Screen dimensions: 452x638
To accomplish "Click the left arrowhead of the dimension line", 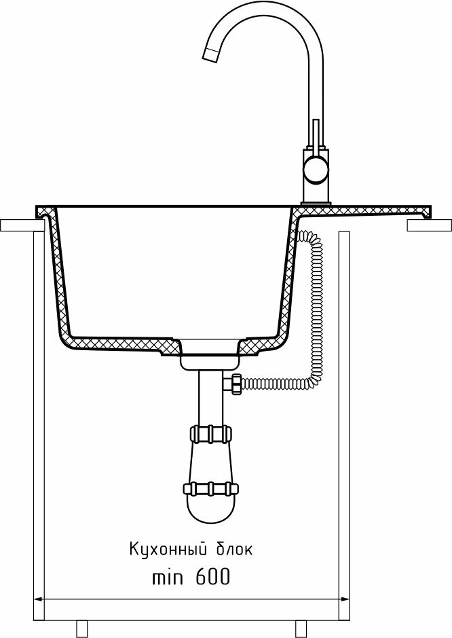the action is pyautogui.click(x=39, y=599).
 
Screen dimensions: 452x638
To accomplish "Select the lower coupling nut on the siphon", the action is pyautogui.click(x=211, y=488).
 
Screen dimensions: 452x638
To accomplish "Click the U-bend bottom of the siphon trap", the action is pyautogui.click(x=211, y=516).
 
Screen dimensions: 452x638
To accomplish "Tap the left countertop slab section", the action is pyautogui.click(x=18, y=225).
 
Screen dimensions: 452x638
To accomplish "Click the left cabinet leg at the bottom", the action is pyautogui.click(x=83, y=628).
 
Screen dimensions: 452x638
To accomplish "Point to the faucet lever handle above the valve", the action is pyautogui.click(x=316, y=136).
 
